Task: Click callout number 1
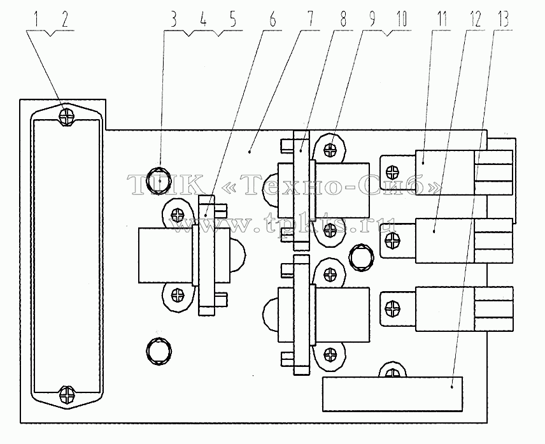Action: click(36, 19)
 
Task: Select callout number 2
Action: click(65, 19)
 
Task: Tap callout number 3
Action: click(173, 19)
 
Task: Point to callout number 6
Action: click(272, 19)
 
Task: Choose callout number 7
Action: click(309, 19)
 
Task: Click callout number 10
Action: click(401, 19)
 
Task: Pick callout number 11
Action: click(441, 19)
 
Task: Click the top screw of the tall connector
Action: click(67, 117)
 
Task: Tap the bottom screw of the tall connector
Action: click(67, 394)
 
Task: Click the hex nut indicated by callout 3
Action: click(159, 180)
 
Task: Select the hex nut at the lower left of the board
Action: click(159, 350)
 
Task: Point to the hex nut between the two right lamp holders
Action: click(362, 257)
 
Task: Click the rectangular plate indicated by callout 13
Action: click(392, 394)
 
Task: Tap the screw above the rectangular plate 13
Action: click(392, 373)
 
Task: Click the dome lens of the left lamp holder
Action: click(237, 255)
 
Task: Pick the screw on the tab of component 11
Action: click(393, 171)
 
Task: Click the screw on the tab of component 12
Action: click(393, 240)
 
